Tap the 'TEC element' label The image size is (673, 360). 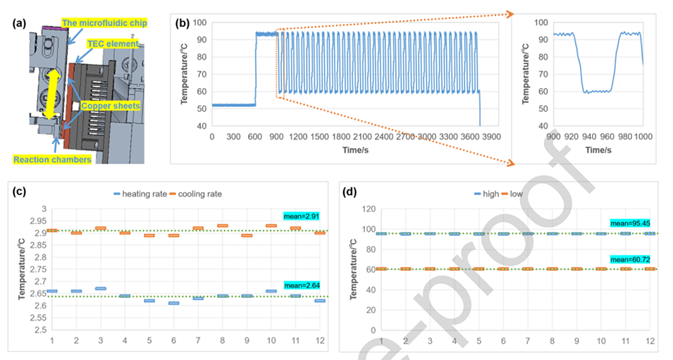click(x=107, y=43)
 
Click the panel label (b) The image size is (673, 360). click(x=182, y=23)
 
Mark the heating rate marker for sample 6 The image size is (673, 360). click(x=174, y=303)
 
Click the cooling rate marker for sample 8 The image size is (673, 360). click(x=223, y=225)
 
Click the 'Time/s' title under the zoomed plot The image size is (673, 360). click(x=597, y=150)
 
